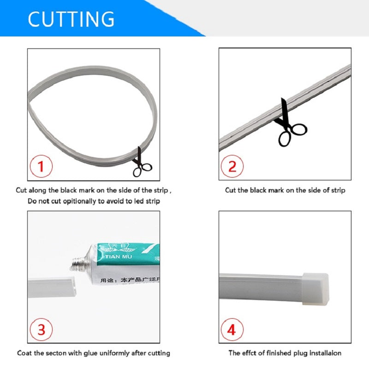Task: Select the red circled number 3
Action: [x=41, y=329]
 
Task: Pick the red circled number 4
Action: [x=232, y=329]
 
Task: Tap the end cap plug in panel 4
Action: [x=315, y=289]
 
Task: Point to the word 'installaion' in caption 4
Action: [x=323, y=353]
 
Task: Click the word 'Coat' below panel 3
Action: [x=25, y=353]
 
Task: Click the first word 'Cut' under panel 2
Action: [x=230, y=190]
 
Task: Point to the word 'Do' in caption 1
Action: [x=31, y=201]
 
